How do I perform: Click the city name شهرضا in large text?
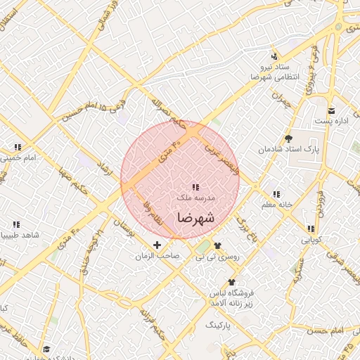(x=195, y=217)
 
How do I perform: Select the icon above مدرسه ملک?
(x=195, y=187)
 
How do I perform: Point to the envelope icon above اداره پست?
(x=332, y=111)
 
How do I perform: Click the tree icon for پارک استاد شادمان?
(x=288, y=139)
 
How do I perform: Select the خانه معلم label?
(x=275, y=205)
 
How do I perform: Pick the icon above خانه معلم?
(x=276, y=193)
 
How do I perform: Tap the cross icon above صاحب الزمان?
(x=156, y=245)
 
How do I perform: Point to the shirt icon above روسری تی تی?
(x=217, y=246)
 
